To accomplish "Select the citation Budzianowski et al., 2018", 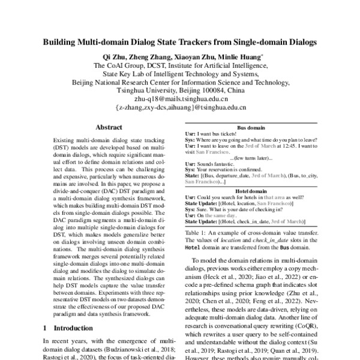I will click(129, 348).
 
